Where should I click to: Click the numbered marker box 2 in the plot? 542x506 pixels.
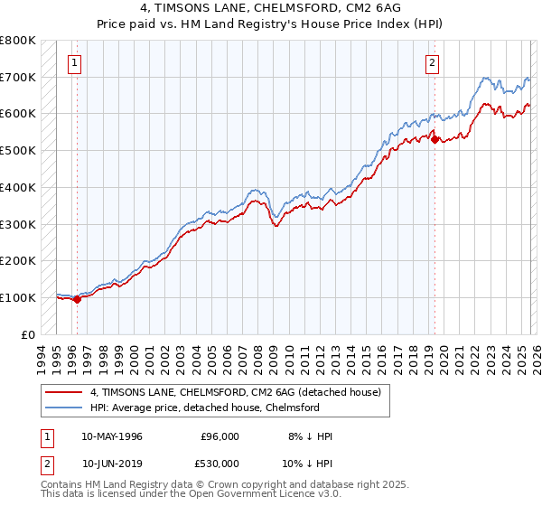coord(433,62)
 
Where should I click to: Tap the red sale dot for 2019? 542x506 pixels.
coord(435,139)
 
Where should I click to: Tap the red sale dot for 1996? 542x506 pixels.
coord(77,299)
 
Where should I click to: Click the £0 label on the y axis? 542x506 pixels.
coord(28,334)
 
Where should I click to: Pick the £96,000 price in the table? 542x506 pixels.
coord(220,436)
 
